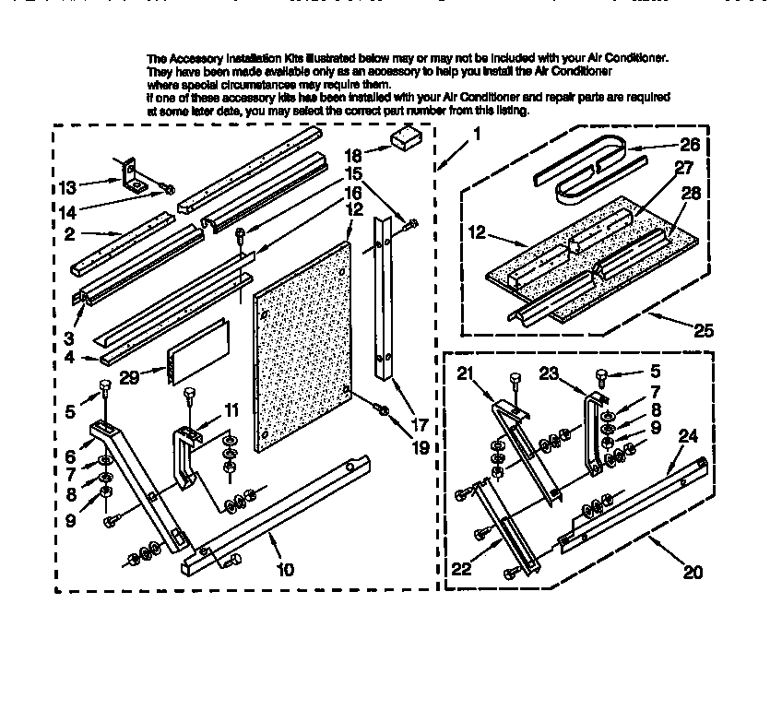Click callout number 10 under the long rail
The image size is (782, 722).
tap(285, 569)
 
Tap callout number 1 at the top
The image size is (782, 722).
tap(477, 133)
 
